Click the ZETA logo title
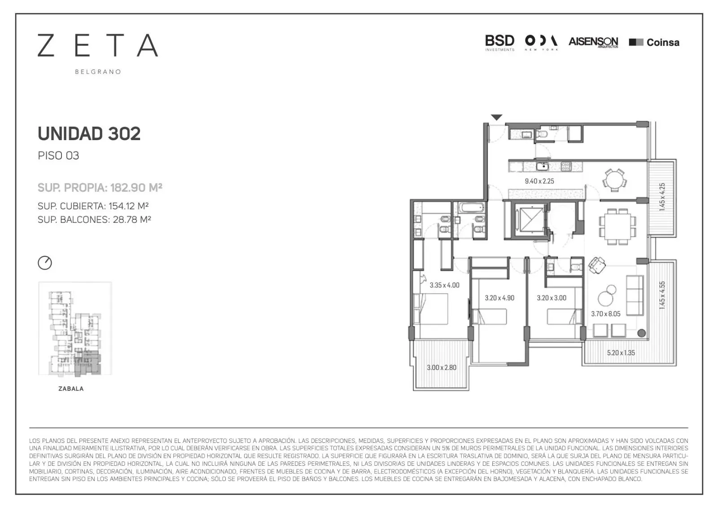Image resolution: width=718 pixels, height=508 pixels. [x=98, y=45]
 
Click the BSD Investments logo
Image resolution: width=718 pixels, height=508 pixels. [x=500, y=43]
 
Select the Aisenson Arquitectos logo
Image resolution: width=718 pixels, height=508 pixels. [x=593, y=42]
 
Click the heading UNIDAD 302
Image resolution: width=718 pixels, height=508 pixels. [x=89, y=133]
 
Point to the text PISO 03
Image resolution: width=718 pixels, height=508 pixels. [x=58, y=156]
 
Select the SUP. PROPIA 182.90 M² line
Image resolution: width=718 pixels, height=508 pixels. [x=100, y=187]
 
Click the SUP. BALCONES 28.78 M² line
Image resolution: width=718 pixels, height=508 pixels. [x=94, y=220]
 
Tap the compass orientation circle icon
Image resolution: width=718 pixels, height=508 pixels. [x=44, y=263]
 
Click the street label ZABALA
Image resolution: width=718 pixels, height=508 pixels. [x=71, y=389]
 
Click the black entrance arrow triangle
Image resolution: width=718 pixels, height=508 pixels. [x=496, y=117]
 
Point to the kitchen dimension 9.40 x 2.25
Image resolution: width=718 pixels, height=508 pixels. [x=539, y=181]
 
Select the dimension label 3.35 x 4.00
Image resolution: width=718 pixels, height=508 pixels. [x=445, y=285]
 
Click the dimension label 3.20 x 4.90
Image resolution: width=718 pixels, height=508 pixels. [x=499, y=298]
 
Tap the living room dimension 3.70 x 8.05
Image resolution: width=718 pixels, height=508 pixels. [x=606, y=314]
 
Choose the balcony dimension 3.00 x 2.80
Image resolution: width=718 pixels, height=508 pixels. [x=442, y=367]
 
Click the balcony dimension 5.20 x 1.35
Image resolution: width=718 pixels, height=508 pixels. [x=621, y=353]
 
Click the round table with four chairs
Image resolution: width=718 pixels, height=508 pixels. [x=614, y=181]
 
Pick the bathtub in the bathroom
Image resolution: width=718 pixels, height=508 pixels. [x=471, y=208]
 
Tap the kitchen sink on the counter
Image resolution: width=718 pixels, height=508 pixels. [x=543, y=166]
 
